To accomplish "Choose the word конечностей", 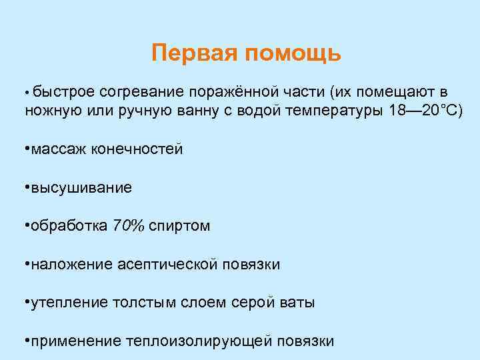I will [x=140, y=149].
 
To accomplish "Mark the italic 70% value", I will [x=129, y=226].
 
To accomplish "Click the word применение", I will [x=73, y=341].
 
